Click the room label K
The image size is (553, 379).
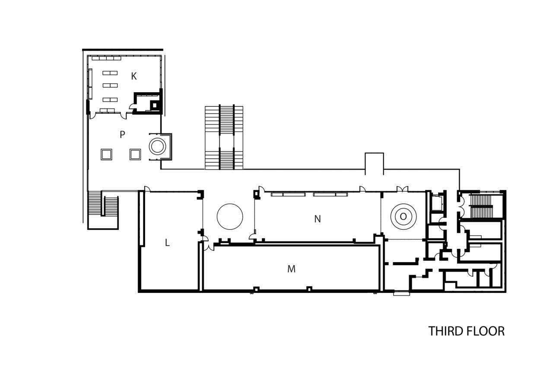tap(134, 76)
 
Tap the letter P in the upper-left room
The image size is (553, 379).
tap(122, 135)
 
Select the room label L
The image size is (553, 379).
tap(167, 243)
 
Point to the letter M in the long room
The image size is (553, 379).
tap(291, 269)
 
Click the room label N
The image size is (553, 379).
tap(318, 219)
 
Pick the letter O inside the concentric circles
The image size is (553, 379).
tap(403, 216)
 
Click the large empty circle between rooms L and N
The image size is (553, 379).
tap(229, 216)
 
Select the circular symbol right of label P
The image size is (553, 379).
tap(157, 146)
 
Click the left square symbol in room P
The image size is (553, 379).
tap(106, 154)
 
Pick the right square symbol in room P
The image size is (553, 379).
tap(135, 154)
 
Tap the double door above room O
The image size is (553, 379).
tap(402, 189)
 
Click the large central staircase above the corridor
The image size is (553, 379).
tap(224, 137)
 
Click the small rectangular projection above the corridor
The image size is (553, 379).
tap(374, 163)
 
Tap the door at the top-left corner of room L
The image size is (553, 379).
tap(147, 189)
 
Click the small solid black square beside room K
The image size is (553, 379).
tap(154, 105)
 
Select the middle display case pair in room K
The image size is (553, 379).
tap(110, 85)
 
